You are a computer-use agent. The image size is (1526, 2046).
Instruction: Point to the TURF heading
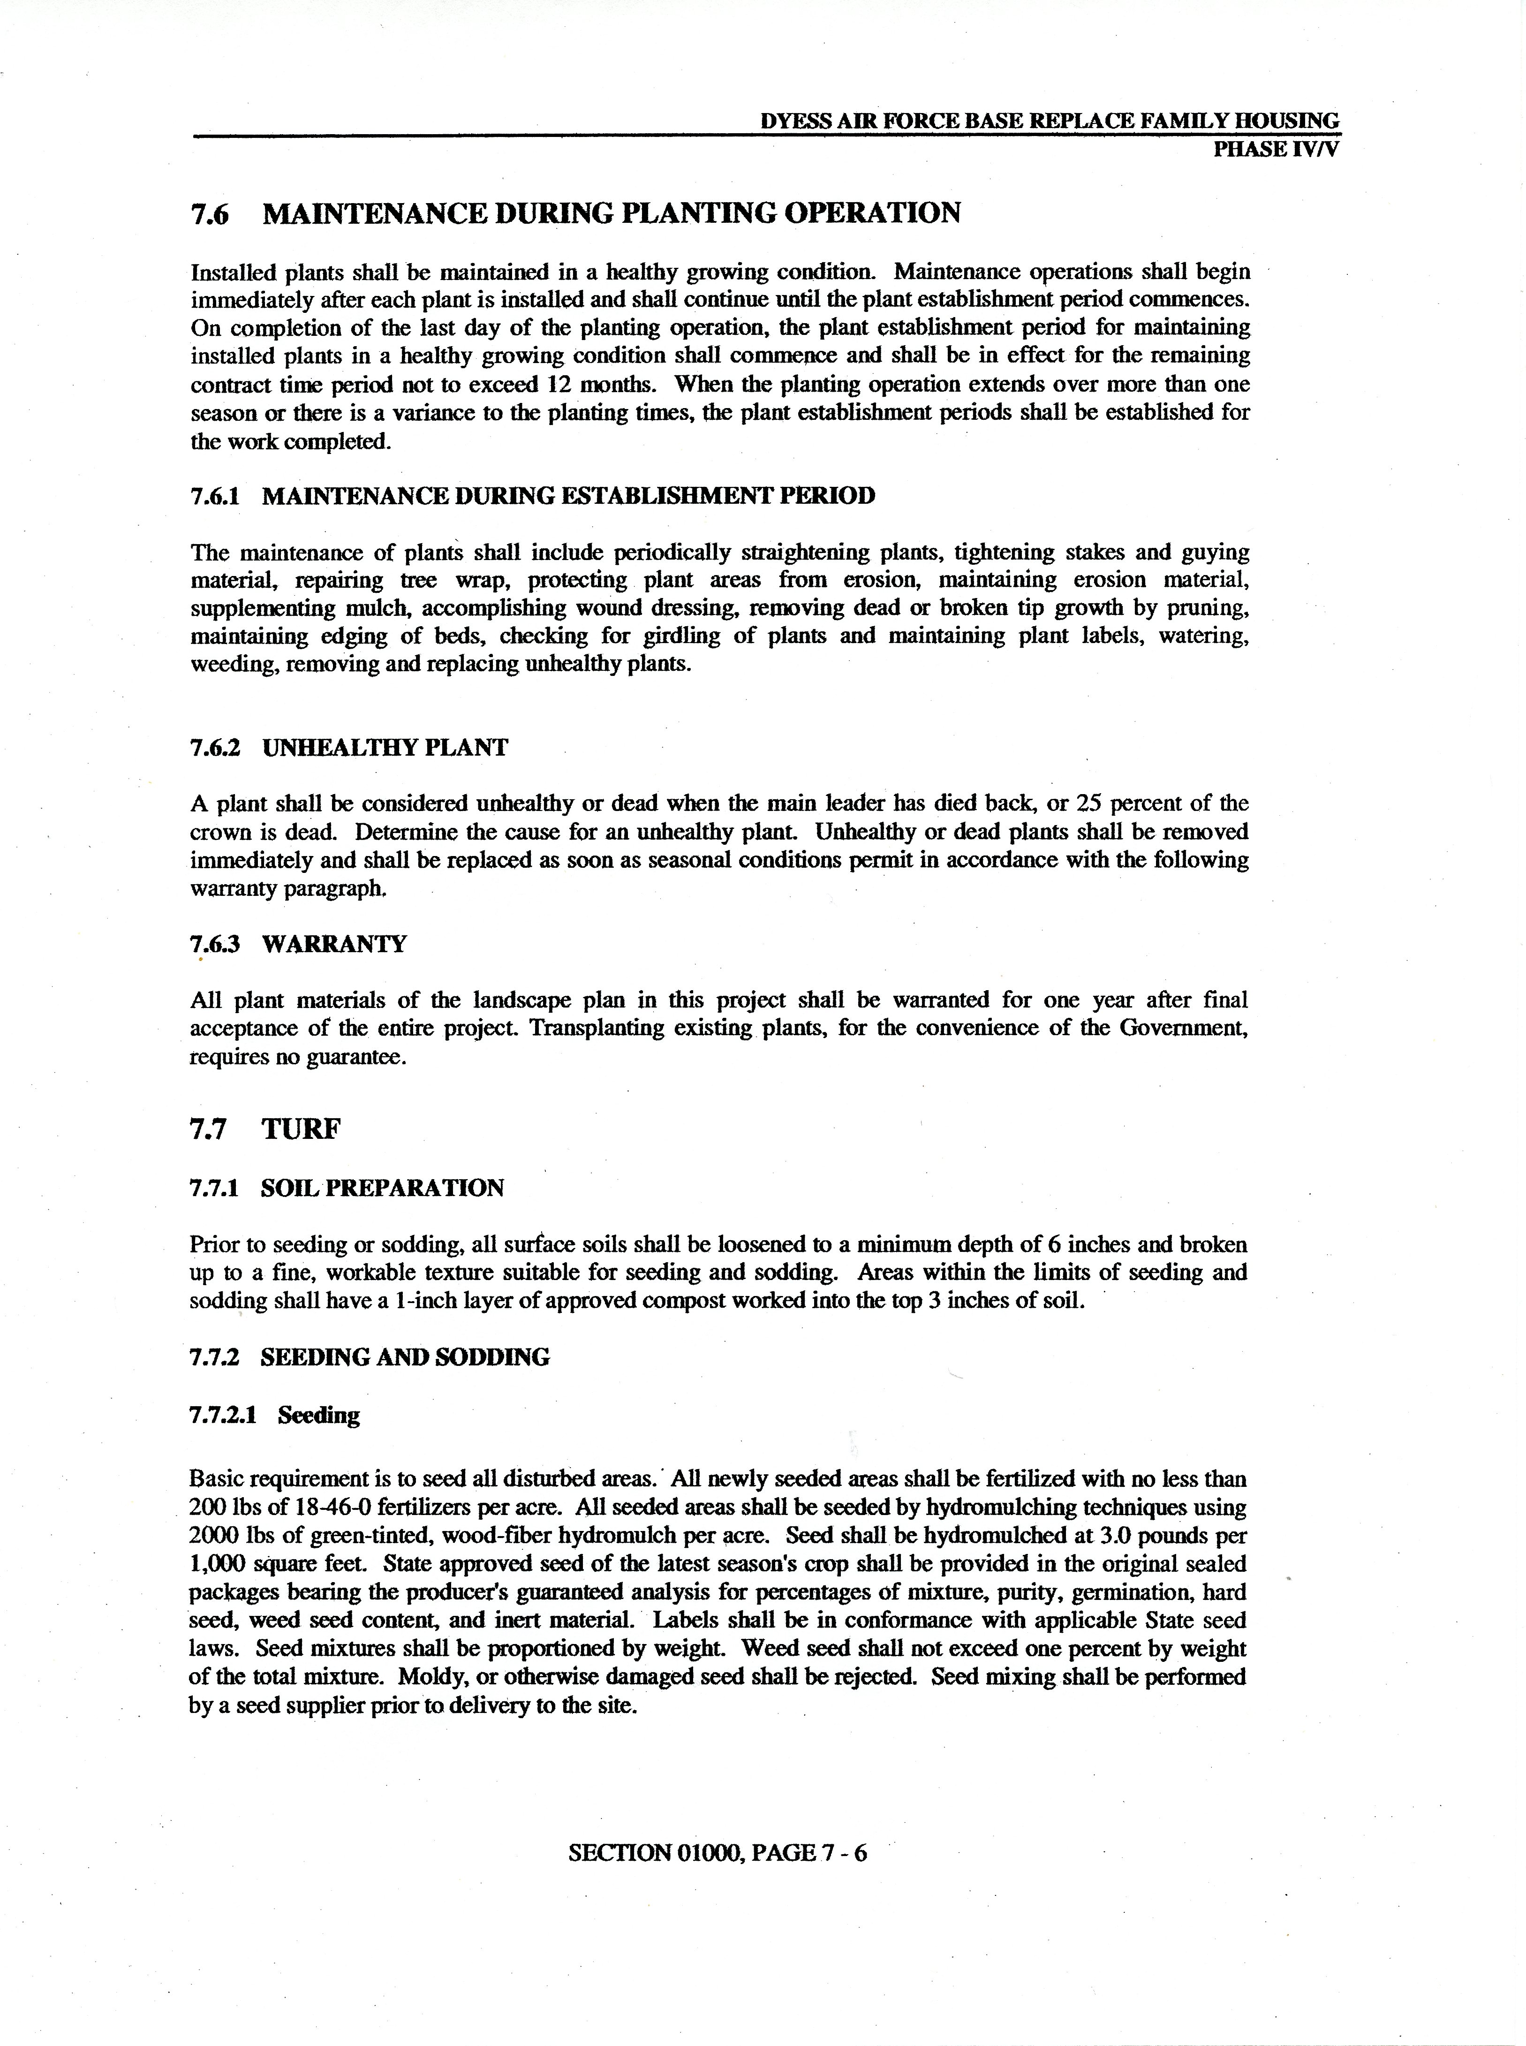click(x=301, y=1129)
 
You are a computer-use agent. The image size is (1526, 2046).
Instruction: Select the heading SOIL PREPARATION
click(x=382, y=1188)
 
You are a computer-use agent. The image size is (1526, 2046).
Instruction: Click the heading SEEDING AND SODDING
click(x=405, y=1357)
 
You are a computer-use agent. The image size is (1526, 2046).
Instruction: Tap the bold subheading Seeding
click(x=319, y=1415)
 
